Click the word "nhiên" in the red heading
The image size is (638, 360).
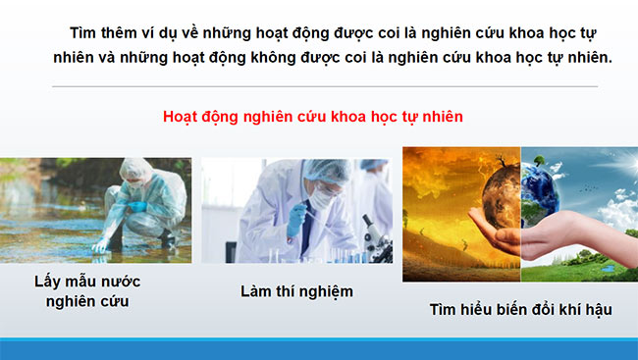point(442,116)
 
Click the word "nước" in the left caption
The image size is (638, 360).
point(120,282)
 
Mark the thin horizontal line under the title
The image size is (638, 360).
point(324,86)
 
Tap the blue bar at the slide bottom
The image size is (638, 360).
point(319,349)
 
